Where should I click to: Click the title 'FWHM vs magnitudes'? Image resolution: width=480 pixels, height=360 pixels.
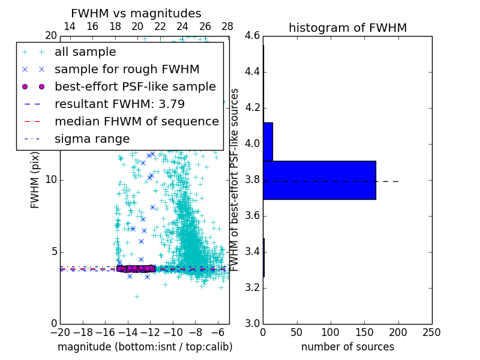136,13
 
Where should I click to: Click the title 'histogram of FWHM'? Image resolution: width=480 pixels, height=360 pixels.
347,28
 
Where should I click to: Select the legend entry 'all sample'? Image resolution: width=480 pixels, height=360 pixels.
85,52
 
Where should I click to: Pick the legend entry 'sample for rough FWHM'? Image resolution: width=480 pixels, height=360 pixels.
127,69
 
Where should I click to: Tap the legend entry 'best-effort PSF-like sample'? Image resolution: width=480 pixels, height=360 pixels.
135,86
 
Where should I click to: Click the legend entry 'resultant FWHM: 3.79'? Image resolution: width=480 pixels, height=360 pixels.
119,104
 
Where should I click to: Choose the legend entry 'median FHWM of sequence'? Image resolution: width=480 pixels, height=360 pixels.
136,121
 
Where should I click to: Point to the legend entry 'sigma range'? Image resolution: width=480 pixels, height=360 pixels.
92,139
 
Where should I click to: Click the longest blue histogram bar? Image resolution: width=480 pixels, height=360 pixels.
319,180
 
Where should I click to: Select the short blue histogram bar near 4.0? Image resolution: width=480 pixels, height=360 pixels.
268,142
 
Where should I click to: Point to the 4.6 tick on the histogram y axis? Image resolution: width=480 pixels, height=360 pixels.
252,36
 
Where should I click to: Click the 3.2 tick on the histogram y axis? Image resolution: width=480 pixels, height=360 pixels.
252,287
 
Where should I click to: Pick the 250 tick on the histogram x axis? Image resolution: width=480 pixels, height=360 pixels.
431,332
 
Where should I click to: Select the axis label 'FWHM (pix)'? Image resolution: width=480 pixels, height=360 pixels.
35,180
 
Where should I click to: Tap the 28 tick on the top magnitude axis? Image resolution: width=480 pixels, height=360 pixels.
227,27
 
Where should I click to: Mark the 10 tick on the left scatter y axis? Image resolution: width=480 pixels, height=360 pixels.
52,180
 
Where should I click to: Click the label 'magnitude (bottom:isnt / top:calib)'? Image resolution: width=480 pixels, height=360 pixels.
145,347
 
